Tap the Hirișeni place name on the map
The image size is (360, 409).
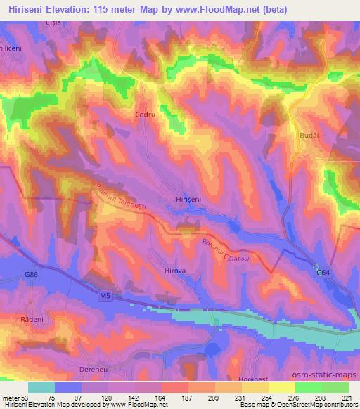(x=188, y=200)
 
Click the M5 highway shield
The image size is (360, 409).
(x=104, y=297)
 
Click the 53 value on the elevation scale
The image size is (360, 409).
(x=21, y=396)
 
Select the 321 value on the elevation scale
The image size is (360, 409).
(x=347, y=396)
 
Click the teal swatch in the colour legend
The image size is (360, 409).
(x=41, y=387)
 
